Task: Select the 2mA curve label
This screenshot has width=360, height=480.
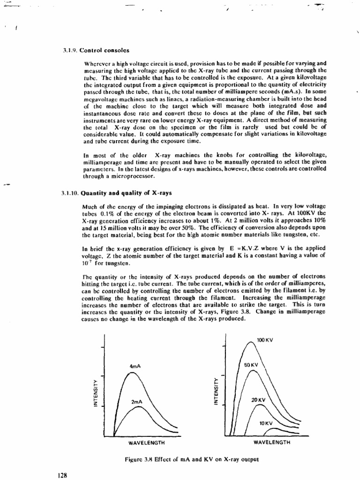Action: pyautogui.click(x=136, y=402)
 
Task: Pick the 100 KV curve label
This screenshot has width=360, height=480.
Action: pyautogui.click(x=266, y=339)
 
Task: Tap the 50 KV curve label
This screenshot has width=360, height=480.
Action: pyautogui.click(x=252, y=364)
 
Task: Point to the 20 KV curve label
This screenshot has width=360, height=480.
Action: pyautogui.click(x=258, y=400)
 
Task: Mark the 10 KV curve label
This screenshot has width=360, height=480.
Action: pyautogui.click(x=267, y=422)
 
